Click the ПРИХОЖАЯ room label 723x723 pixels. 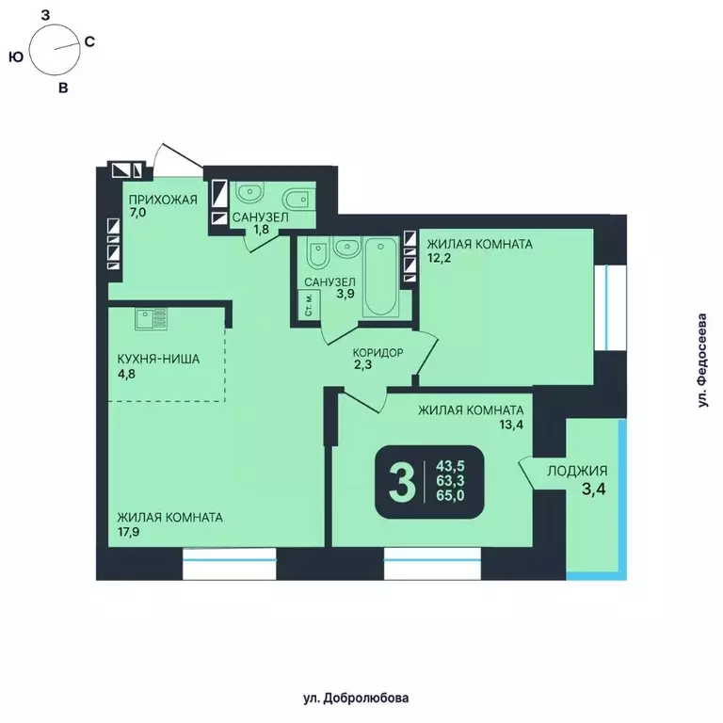pyautogui.click(x=163, y=199)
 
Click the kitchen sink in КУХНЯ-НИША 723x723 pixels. pyautogui.click(x=151, y=319)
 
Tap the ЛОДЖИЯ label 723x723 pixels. pyautogui.click(x=579, y=472)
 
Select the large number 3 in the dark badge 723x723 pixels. pyautogui.click(x=402, y=483)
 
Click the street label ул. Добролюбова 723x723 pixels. pyautogui.click(x=356, y=698)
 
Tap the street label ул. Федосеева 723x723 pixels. pyautogui.click(x=701, y=361)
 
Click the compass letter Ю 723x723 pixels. pyautogui.click(x=15, y=57)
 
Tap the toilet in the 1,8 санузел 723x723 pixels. pyautogui.click(x=295, y=198)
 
